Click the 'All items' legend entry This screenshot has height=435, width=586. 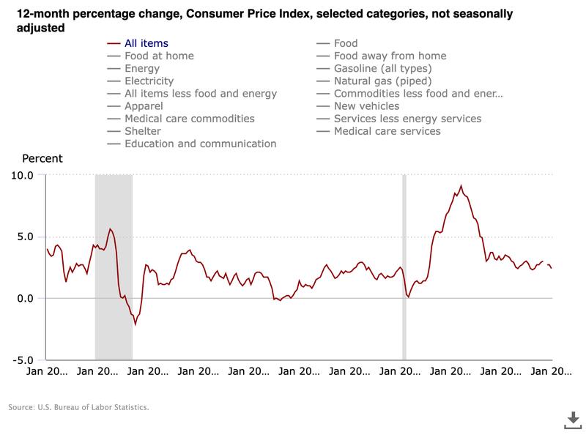click(x=146, y=43)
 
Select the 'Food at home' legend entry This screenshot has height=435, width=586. click(x=158, y=56)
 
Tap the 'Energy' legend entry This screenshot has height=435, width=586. click(x=142, y=68)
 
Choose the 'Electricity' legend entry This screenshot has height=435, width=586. click(x=149, y=81)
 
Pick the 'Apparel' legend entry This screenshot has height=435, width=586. click(x=145, y=106)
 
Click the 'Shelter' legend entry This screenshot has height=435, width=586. click(x=143, y=131)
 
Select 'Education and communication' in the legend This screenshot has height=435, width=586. click(x=200, y=144)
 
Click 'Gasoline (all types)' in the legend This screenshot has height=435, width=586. click(x=383, y=68)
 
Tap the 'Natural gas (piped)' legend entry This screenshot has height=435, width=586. click(x=382, y=81)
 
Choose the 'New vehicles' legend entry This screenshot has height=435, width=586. click(x=366, y=106)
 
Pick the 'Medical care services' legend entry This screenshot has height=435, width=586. click(x=387, y=131)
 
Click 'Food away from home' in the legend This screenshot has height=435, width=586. click(x=390, y=56)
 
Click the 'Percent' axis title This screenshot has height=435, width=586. click(x=42, y=158)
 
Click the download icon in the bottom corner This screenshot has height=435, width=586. click(x=572, y=418)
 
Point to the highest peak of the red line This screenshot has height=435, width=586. click(x=460, y=186)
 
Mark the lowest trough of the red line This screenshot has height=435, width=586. click(x=136, y=324)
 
